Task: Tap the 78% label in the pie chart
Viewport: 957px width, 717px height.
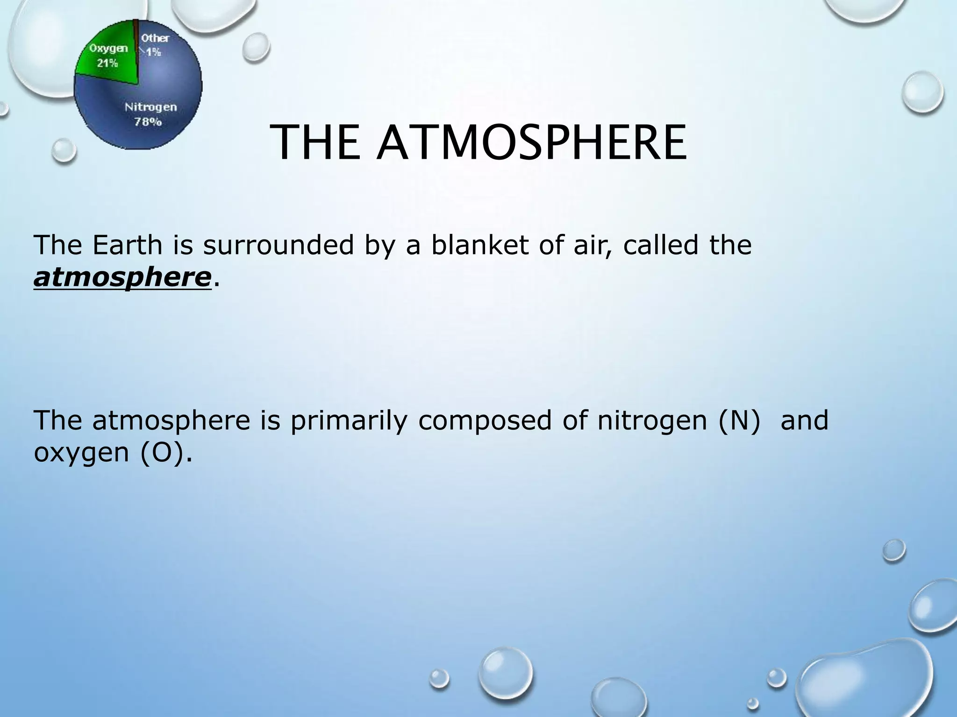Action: [148, 122]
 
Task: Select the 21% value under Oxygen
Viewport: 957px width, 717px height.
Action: [107, 63]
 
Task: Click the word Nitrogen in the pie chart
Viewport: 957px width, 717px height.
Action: [150, 107]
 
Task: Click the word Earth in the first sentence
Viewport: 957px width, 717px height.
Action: [127, 245]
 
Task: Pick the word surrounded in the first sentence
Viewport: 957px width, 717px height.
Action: [279, 245]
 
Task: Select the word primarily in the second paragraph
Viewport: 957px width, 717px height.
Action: [349, 420]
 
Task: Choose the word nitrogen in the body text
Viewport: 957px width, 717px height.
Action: [645, 420]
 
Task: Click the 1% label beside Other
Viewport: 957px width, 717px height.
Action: [153, 52]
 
